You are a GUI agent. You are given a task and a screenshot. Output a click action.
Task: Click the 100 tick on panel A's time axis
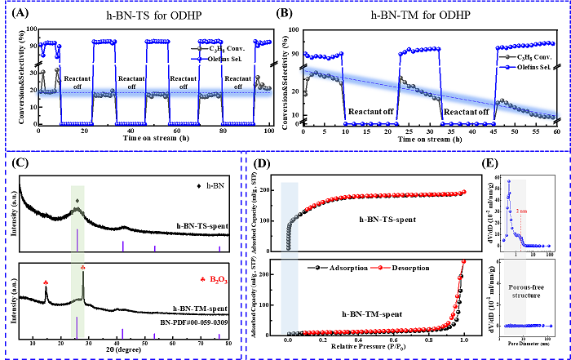(x=270, y=131)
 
